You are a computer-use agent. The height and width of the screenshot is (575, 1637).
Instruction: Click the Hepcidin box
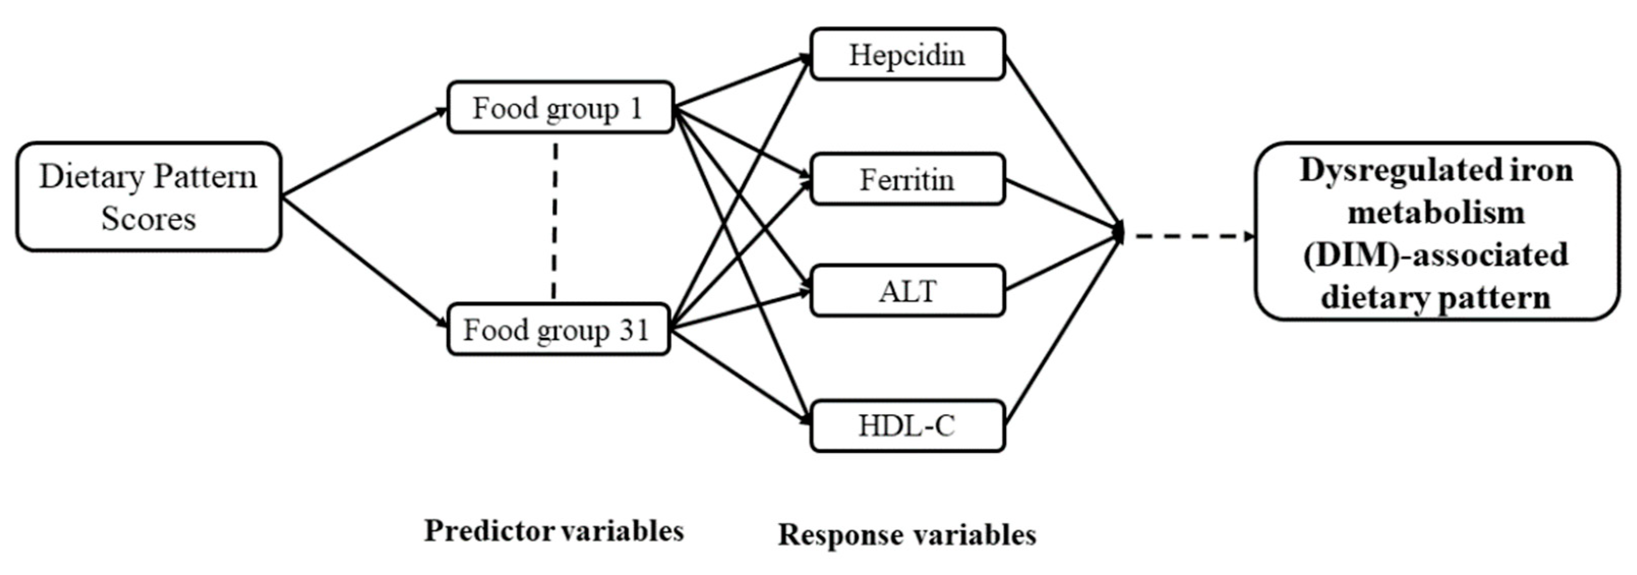pyautogui.click(x=907, y=55)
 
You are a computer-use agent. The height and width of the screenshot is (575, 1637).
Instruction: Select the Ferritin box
pyautogui.click(x=907, y=179)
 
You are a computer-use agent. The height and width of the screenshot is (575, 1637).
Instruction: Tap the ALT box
pyautogui.click(x=907, y=291)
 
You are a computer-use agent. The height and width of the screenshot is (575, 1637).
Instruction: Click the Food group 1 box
pyautogui.click(x=559, y=107)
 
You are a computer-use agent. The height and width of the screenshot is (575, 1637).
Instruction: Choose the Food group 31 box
pyautogui.click(x=558, y=330)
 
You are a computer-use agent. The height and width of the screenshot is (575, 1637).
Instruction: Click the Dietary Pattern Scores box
pyautogui.click(x=148, y=197)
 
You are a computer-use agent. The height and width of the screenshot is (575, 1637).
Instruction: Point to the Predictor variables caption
pyautogui.click(x=553, y=530)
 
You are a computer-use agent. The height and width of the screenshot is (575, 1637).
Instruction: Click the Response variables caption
pyautogui.click(x=907, y=534)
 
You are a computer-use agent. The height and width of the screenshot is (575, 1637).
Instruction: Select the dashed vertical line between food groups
pyautogui.click(x=555, y=219)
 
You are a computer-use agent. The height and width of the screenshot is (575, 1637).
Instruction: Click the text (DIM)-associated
pyautogui.click(x=1436, y=255)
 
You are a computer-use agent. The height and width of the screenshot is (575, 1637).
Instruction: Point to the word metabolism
pyautogui.click(x=1436, y=213)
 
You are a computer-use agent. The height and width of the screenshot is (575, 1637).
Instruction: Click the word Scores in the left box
pyautogui.click(x=148, y=219)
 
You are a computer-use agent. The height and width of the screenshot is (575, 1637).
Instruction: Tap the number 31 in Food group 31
pyautogui.click(x=633, y=330)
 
